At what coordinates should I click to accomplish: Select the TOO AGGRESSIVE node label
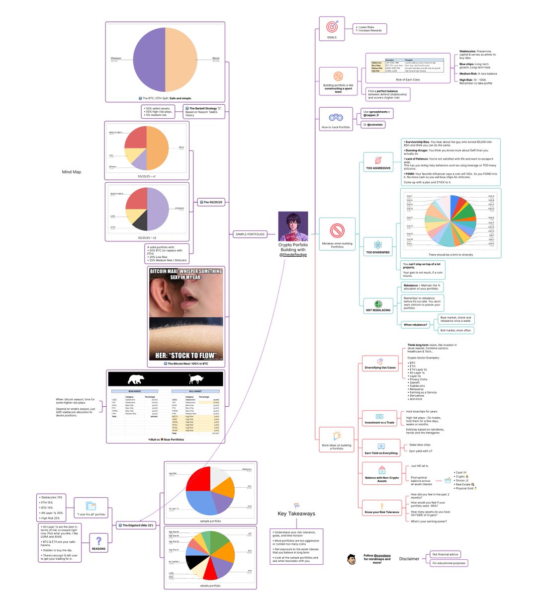pos(378,168)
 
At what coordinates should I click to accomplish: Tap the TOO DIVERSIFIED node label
pos(378,252)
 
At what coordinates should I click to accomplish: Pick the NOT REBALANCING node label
pos(378,310)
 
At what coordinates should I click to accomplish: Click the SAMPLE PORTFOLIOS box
pos(249,234)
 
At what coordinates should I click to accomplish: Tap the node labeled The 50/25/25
pos(213,202)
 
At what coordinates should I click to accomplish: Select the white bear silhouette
pos(136,380)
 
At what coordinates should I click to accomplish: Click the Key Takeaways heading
pos(296,514)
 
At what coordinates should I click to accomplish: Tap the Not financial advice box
pos(446,554)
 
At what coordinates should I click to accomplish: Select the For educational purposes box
pos(449,563)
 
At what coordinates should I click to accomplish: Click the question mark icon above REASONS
pos(98,540)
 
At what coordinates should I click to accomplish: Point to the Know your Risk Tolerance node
pos(381,512)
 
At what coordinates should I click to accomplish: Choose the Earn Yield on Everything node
pos(381,453)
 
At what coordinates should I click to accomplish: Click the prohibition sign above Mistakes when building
pos(337,230)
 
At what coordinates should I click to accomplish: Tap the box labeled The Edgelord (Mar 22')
pos(138,525)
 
